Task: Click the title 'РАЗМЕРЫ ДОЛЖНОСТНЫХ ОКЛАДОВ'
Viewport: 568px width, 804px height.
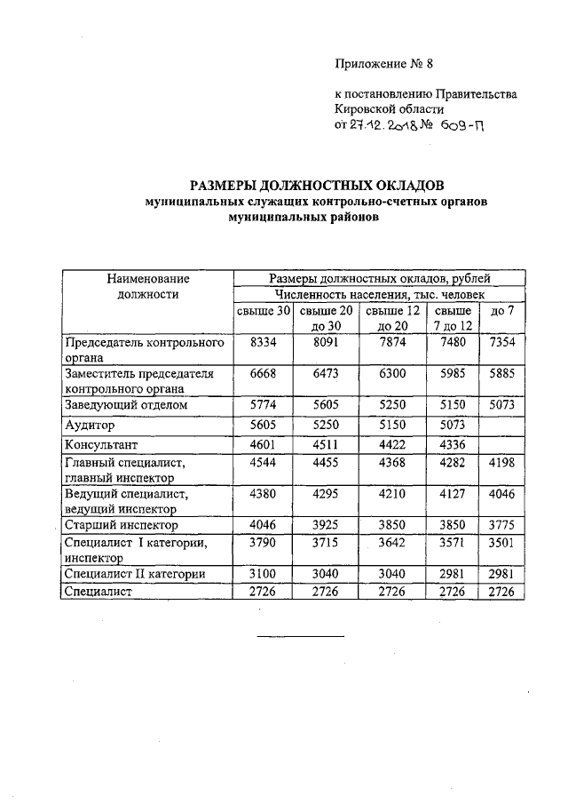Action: [x=317, y=185]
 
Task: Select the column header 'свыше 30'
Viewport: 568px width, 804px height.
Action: [x=264, y=311]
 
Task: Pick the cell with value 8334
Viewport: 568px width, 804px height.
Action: [x=264, y=342]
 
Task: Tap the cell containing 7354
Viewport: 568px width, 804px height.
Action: [x=502, y=342]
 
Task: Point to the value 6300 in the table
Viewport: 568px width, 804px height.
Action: [x=391, y=374]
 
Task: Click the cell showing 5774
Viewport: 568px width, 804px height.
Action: [x=264, y=405]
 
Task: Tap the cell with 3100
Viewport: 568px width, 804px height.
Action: [x=264, y=574]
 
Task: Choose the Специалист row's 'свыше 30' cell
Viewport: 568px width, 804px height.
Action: [x=264, y=592]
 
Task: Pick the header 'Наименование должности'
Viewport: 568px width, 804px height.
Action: [x=148, y=286]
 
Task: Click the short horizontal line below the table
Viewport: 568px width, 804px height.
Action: [x=300, y=636]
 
